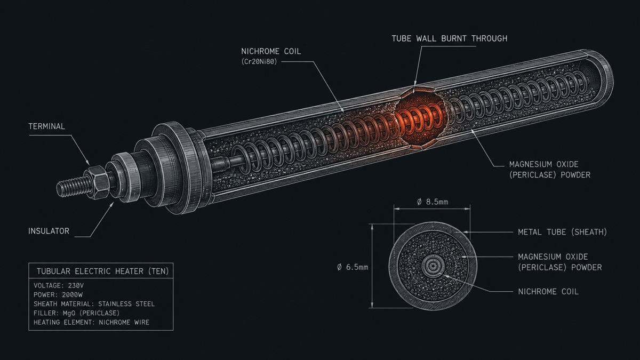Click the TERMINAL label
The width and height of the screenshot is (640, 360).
[x=46, y=126]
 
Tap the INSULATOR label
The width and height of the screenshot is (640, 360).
[x=49, y=231]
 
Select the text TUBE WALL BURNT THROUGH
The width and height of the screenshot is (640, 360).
[x=450, y=38]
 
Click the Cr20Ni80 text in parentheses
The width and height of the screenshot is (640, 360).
[x=259, y=62]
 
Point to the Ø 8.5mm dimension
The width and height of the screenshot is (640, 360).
[x=433, y=202]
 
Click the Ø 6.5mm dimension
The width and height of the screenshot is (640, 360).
[x=353, y=267]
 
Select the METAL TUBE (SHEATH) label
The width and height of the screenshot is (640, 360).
[x=562, y=232]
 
